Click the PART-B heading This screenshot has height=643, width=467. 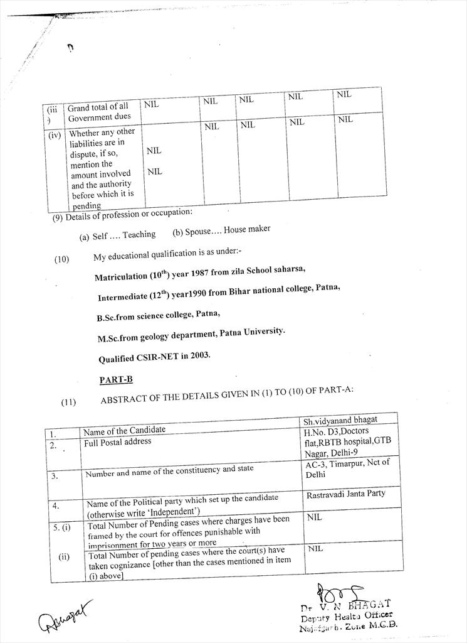pyautogui.click(x=116, y=380)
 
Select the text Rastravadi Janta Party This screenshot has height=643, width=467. pyautogui.click(x=346, y=494)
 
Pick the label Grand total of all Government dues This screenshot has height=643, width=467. pyautogui.click(x=99, y=112)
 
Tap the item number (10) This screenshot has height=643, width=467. pyautogui.click(x=61, y=258)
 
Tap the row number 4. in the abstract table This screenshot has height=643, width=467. pyautogui.click(x=56, y=505)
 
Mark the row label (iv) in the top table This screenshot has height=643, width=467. pyautogui.click(x=55, y=134)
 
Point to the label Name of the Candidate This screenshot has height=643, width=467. pyautogui.click(x=125, y=430)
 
